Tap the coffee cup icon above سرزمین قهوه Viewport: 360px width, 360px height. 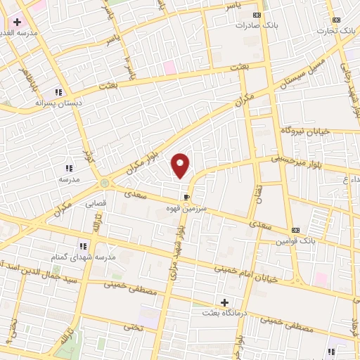(x=186, y=197)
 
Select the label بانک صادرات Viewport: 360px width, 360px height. (x=253, y=25)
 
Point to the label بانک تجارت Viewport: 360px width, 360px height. (x=336, y=30)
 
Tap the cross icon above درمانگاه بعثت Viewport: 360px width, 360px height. (x=225, y=302)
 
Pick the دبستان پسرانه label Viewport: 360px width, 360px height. (x=59, y=102)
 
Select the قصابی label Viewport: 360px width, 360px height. (x=96, y=203)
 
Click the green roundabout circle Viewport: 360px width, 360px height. (x=105, y=183)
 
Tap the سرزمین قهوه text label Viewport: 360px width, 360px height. (x=184, y=208)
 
